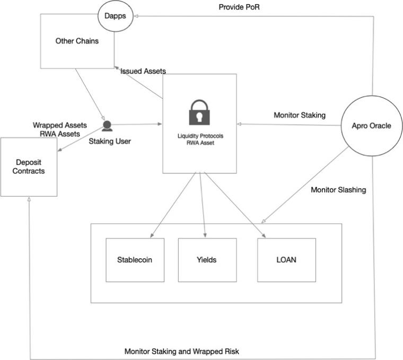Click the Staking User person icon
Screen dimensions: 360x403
(107, 126)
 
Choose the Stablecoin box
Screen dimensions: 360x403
(135, 260)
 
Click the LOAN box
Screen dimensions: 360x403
(286, 260)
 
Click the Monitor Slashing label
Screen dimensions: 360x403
(338, 190)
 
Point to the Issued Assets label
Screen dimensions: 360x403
(143, 71)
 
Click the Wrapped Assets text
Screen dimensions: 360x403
(60, 125)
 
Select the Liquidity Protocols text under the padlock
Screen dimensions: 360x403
(200, 136)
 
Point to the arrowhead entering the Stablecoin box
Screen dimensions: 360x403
(152, 235)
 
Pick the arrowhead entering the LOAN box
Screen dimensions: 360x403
(264, 235)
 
